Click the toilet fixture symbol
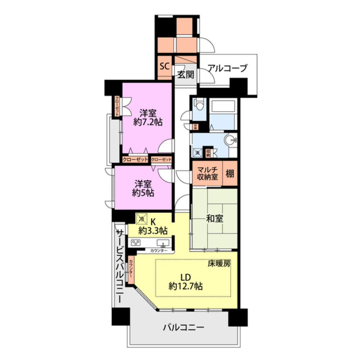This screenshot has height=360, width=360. (199, 105)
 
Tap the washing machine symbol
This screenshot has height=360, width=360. (197, 152)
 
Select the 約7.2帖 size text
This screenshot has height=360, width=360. (147, 122)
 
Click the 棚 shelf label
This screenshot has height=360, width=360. (230, 174)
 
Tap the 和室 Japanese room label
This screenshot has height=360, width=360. (215, 219)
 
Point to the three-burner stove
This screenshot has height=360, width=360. (136, 242)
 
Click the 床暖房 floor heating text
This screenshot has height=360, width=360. (219, 264)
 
